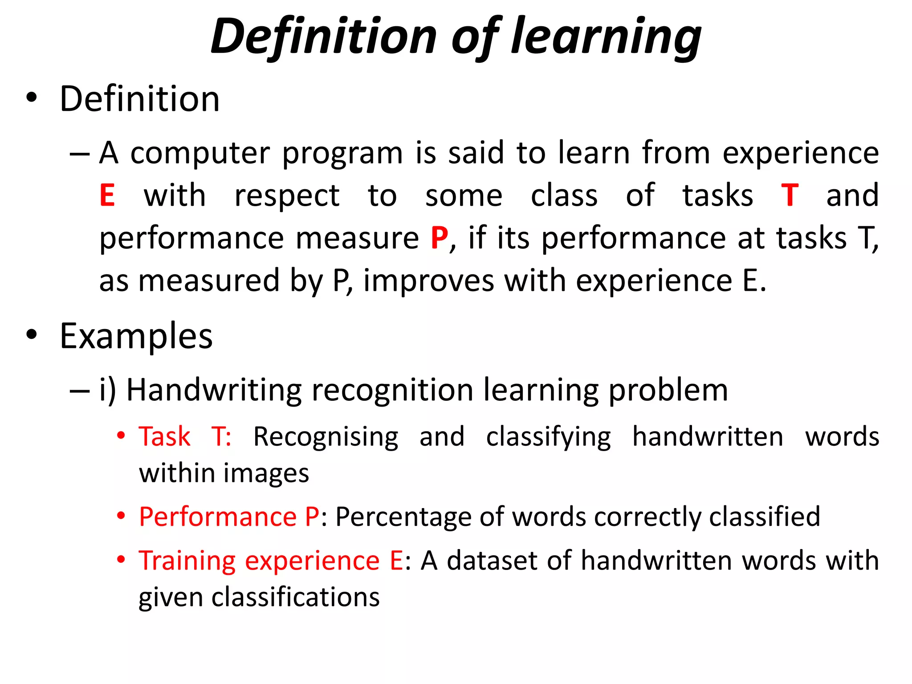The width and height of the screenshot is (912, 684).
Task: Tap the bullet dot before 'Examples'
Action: pyautogui.click(x=31, y=334)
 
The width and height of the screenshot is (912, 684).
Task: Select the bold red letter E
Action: pyautogui.click(x=107, y=195)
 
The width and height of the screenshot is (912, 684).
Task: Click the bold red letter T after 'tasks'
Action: pyautogui.click(x=790, y=195)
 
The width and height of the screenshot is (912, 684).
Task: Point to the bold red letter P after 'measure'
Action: pyautogui.click(x=439, y=238)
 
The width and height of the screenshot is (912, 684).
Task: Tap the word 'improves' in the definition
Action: pyautogui.click(x=428, y=281)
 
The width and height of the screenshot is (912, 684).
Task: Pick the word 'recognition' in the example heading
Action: pyautogui.click(x=392, y=391)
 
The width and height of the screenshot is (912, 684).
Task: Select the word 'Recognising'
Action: pyautogui.click(x=326, y=437)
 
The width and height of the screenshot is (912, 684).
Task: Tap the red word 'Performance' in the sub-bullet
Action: pyautogui.click(x=218, y=517)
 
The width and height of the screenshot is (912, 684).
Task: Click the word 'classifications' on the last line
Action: pyautogui.click(x=295, y=597)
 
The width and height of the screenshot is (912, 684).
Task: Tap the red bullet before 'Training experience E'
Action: pyautogui.click(x=121, y=559)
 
